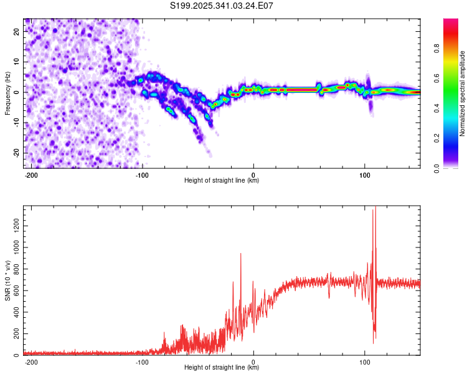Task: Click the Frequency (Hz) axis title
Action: [7, 93]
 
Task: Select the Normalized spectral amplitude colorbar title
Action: [463, 93]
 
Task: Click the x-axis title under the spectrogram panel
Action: [222, 181]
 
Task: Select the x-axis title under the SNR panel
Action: [222, 368]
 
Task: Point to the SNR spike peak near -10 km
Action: [240, 254]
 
